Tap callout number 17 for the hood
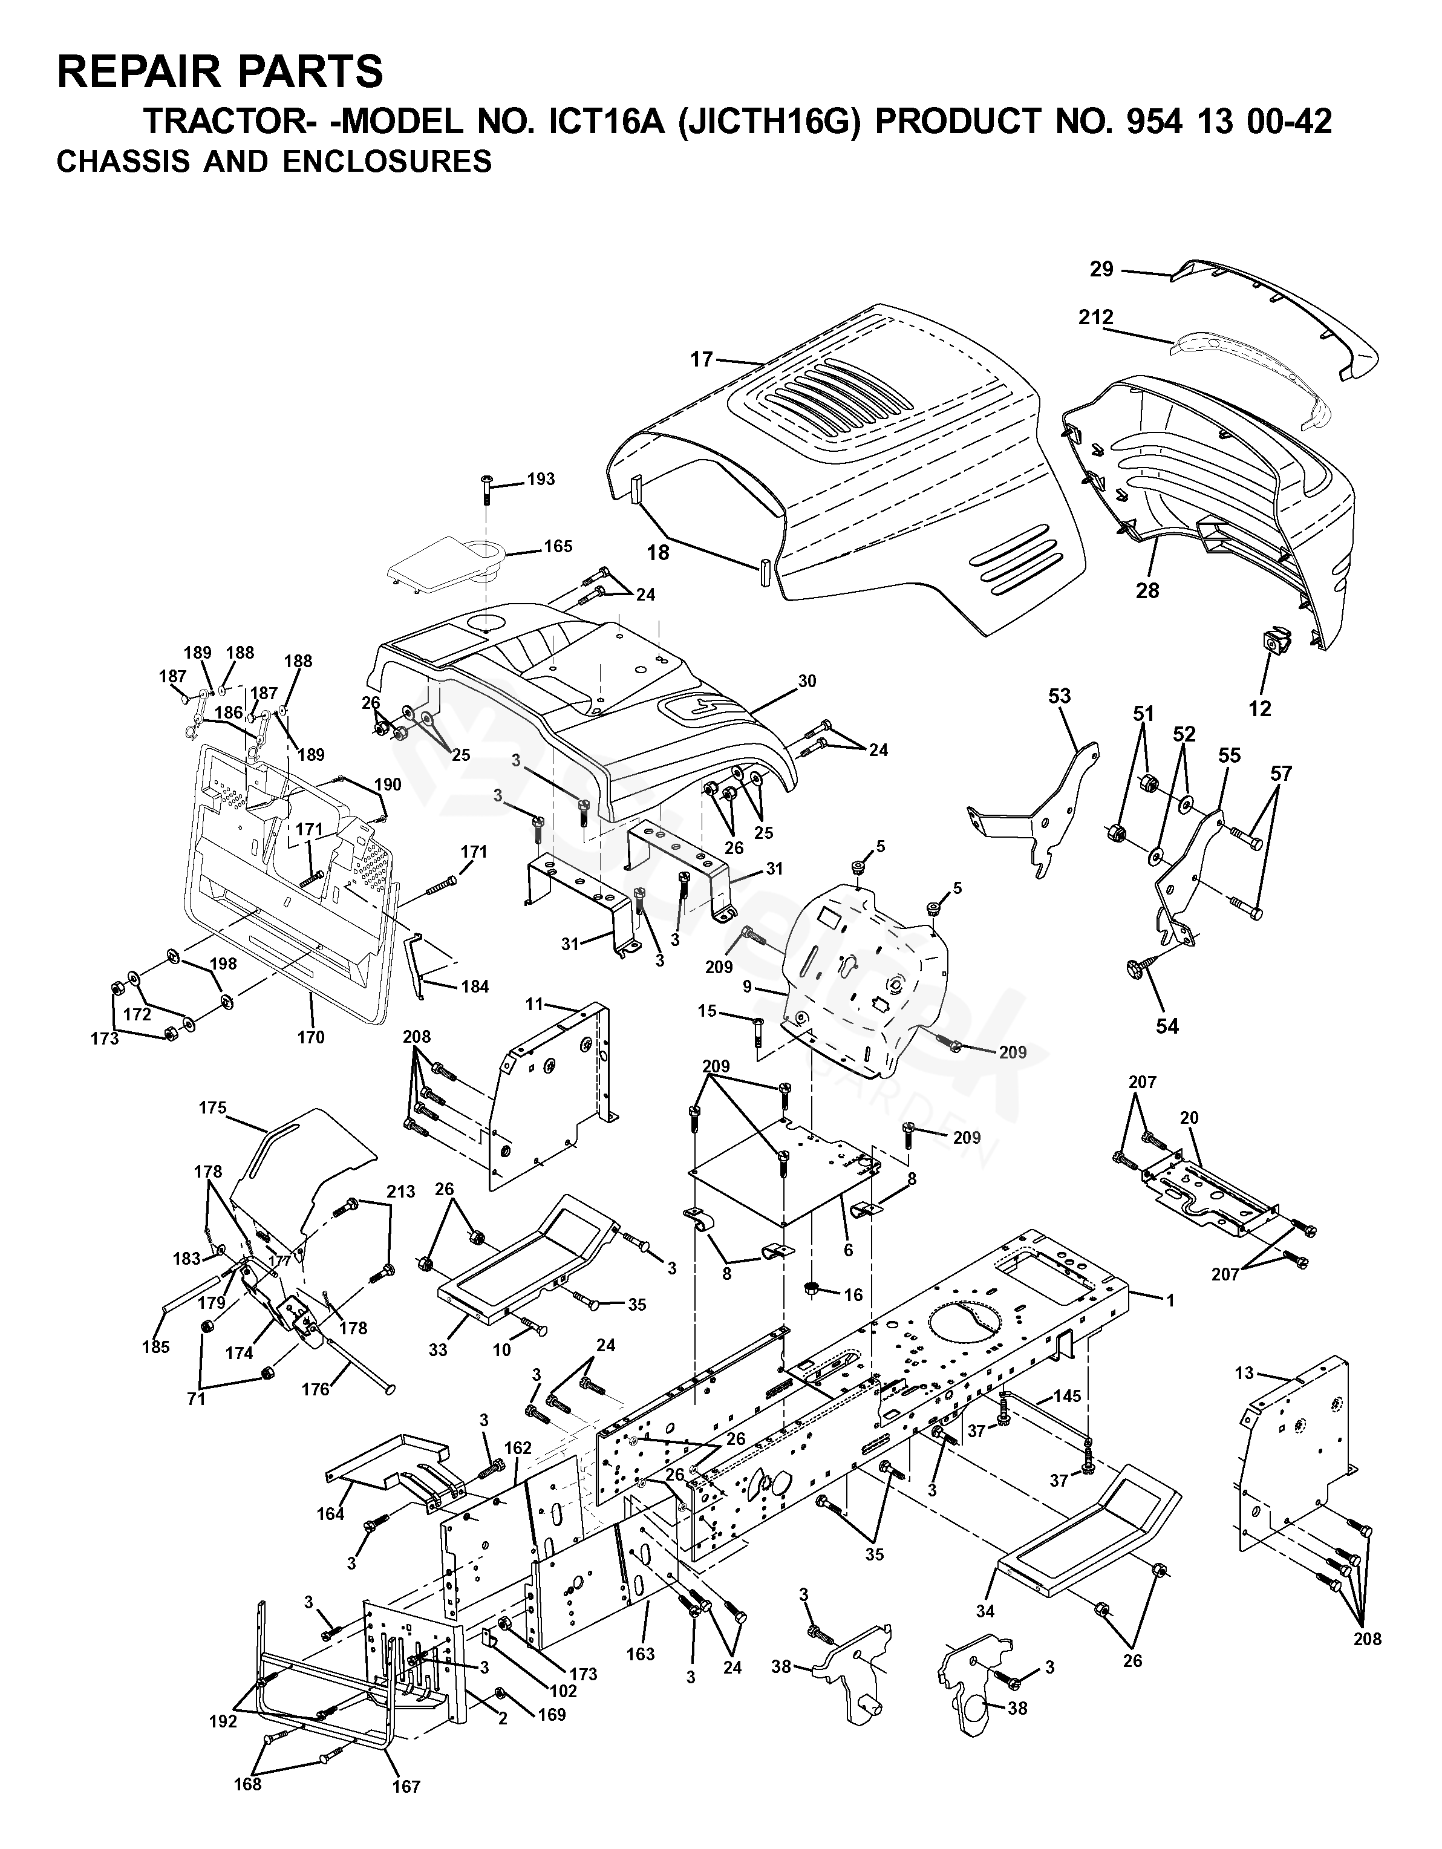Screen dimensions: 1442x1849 coord(702,360)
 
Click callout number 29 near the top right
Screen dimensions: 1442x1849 coord(1101,269)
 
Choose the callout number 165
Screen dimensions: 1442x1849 coord(558,546)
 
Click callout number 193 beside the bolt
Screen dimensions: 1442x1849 coord(541,479)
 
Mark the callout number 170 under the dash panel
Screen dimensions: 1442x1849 coord(311,1036)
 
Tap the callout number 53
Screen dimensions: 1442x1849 coord(1059,696)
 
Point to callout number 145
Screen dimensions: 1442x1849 coord(1068,1396)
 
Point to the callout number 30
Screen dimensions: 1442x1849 coord(807,680)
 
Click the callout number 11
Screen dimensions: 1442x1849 coord(533,1004)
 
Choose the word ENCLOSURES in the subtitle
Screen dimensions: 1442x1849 coord(387,161)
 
